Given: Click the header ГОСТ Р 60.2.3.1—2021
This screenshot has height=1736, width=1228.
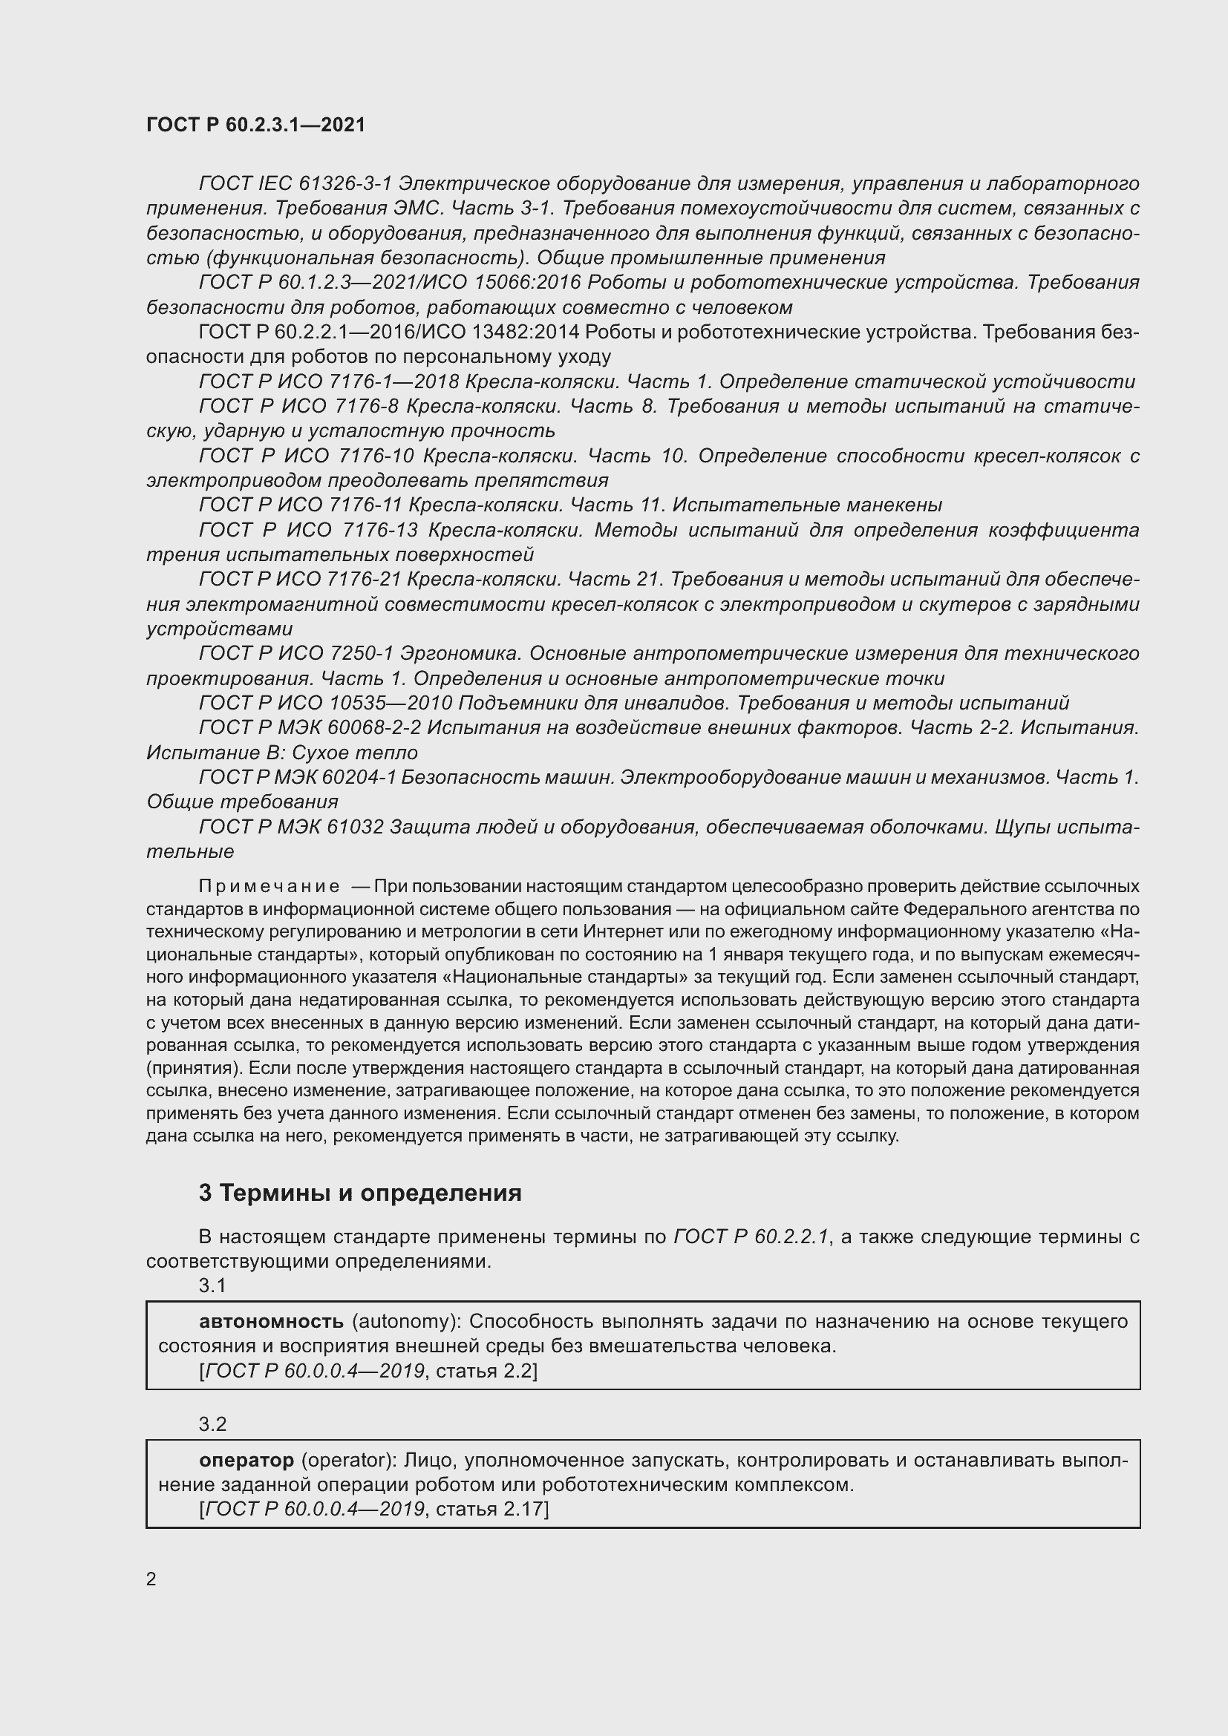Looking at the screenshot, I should point(255,125).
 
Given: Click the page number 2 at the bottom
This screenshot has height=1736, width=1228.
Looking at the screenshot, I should point(151,1579).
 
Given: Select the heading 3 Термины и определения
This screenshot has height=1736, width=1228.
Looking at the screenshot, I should point(360,1193).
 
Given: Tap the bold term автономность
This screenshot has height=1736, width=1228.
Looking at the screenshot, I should point(272,1321).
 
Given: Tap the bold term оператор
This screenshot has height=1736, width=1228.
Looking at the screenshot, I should point(246,1460).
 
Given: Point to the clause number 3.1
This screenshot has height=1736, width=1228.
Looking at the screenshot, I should point(212,1285).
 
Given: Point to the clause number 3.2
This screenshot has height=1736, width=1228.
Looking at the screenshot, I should point(212,1424).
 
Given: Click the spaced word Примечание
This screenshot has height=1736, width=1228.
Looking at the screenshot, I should point(269,886).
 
